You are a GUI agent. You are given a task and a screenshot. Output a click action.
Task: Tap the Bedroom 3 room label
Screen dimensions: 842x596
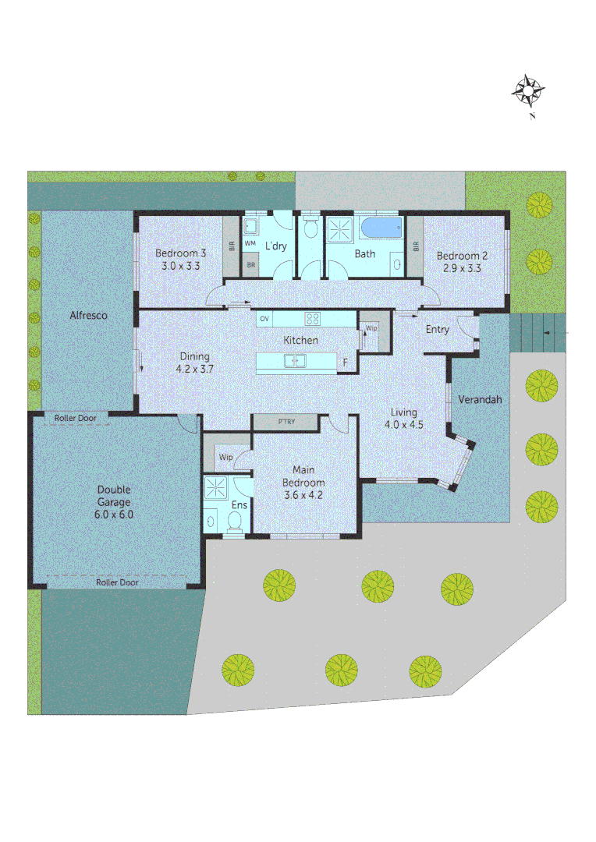[180, 253]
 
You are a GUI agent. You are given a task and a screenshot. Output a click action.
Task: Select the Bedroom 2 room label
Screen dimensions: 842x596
[462, 256]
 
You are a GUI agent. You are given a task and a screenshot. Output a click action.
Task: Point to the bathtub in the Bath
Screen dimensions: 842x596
[381, 228]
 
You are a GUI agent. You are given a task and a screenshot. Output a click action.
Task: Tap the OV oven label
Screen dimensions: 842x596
[264, 319]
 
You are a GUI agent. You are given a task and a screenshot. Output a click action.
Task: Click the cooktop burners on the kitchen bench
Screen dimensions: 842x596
[312, 318]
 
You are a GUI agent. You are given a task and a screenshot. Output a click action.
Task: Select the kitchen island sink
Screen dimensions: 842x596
[295, 360]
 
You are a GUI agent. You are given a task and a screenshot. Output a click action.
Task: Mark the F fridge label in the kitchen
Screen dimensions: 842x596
[346, 362]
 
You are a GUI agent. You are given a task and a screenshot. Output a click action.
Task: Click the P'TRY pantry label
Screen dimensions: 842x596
[286, 422]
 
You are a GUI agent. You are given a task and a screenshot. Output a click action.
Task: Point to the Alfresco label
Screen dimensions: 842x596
[88, 316]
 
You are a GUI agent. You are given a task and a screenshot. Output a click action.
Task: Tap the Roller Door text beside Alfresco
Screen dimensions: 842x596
[76, 419]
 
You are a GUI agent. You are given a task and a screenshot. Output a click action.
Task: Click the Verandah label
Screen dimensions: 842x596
[479, 399]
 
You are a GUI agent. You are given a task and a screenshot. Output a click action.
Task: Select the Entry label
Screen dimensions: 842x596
[437, 330]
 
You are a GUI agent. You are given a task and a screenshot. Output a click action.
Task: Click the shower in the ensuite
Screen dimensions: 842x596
[214, 490]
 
